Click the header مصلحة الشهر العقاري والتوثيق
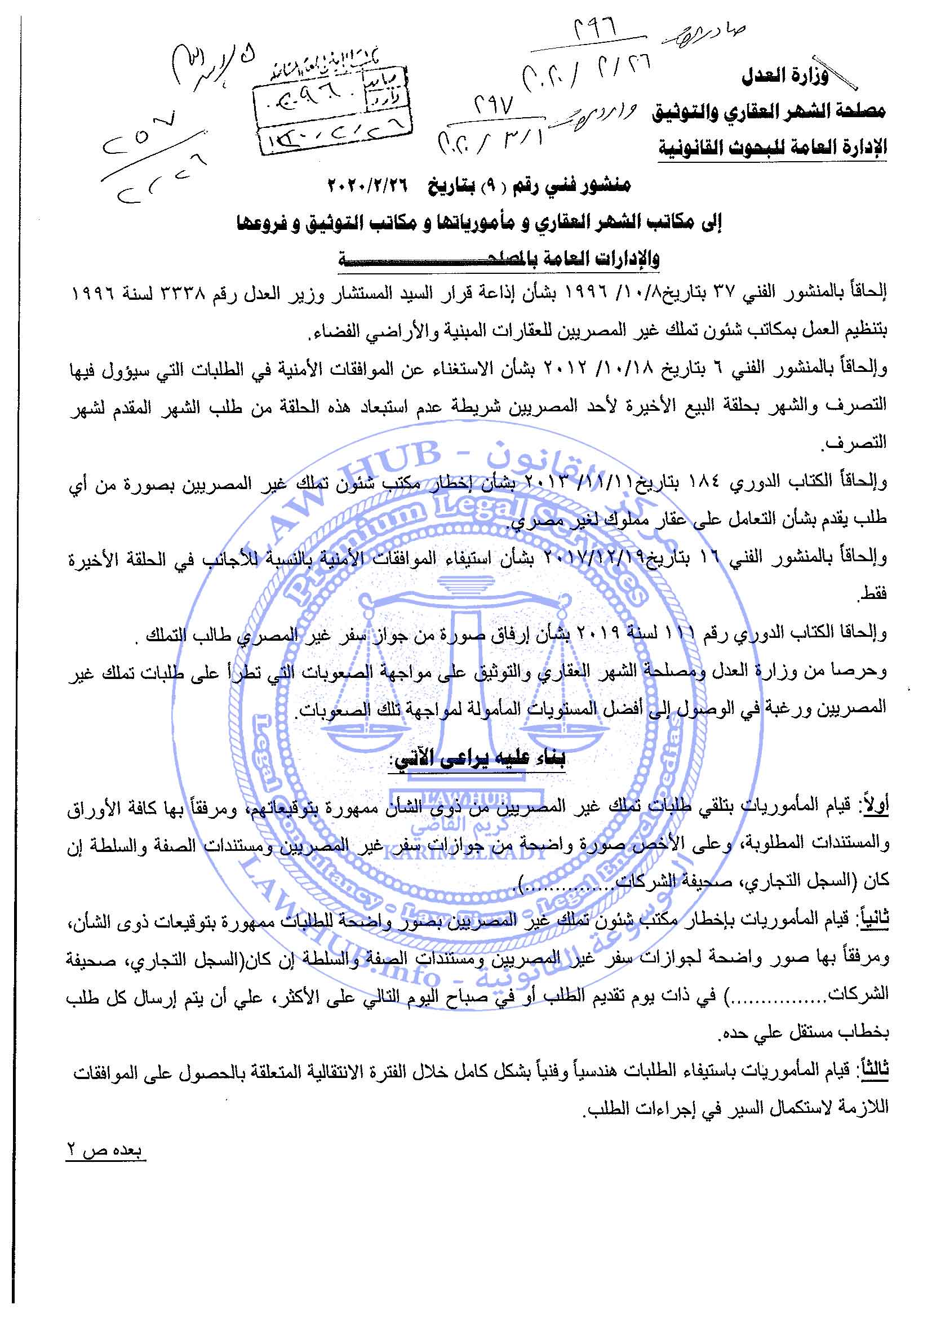(770, 112)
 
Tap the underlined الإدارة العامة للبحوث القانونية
(772, 148)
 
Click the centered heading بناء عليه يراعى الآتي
(478, 759)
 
